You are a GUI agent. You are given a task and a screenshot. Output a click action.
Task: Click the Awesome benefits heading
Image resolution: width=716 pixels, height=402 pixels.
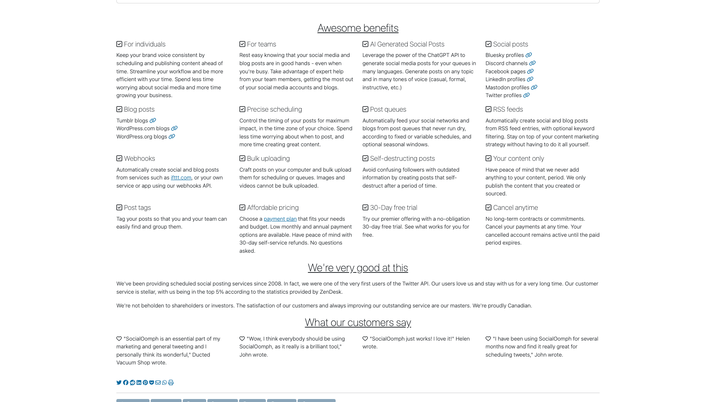[x=358, y=28]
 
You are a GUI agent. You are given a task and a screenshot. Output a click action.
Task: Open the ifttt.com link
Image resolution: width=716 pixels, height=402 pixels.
[x=181, y=178]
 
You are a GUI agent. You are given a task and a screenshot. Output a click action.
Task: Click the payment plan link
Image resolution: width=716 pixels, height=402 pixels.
[x=280, y=219]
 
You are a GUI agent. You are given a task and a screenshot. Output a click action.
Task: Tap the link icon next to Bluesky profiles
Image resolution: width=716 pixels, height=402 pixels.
[x=528, y=55]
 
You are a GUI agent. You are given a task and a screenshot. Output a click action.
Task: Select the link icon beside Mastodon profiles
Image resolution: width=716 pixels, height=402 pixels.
[x=534, y=87]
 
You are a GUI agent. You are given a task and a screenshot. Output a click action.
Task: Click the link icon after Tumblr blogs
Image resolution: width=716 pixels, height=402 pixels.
[x=153, y=121]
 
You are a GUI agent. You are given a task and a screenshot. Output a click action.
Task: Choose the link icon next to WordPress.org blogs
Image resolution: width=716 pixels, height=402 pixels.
[x=172, y=137]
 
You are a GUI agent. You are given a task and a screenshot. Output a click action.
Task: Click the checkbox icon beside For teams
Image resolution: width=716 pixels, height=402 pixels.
[x=242, y=44]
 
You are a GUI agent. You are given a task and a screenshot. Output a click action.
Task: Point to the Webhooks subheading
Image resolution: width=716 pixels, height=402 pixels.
[x=139, y=159]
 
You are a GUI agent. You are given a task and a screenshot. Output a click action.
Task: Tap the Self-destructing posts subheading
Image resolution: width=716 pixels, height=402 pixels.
[x=402, y=159]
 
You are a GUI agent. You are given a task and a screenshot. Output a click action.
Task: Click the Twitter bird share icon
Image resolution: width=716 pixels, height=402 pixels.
[x=119, y=383]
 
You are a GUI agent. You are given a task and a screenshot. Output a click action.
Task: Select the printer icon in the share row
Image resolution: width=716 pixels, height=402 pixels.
[x=171, y=383]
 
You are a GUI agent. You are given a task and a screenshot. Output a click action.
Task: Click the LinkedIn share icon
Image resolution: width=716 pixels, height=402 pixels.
[x=139, y=383]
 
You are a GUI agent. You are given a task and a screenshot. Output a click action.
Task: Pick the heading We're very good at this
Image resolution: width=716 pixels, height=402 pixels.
[x=358, y=268]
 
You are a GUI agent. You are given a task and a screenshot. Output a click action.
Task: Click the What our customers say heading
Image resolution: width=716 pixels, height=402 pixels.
[x=358, y=322]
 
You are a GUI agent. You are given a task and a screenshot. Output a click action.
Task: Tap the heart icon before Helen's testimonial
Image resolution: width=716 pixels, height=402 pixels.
[x=365, y=339]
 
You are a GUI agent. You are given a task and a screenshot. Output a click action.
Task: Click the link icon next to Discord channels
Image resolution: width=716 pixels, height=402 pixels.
[x=532, y=63]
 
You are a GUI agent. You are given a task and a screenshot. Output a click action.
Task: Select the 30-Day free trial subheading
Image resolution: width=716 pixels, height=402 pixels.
[x=393, y=208]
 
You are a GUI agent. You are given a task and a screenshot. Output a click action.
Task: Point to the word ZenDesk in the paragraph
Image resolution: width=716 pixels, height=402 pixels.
[x=330, y=292]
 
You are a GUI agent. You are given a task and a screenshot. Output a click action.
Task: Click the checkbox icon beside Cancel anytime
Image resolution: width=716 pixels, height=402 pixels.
[x=489, y=208]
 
